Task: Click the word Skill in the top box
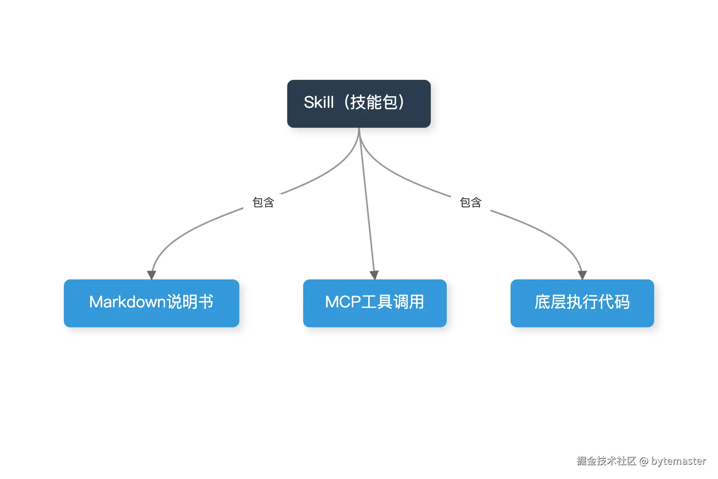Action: coord(318,102)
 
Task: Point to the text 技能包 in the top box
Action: coord(374,102)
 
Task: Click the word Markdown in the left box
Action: coord(127,302)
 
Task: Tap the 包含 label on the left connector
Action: coord(263,202)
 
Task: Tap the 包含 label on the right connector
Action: coord(471,202)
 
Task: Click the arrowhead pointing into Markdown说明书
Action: coord(152,275)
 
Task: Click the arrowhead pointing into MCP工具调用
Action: coord(374,275)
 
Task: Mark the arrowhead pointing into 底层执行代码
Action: coord(582,275)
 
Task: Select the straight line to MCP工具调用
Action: coord(367,204)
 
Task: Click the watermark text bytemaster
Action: coord(679,461)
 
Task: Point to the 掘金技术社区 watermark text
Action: coord(606,461)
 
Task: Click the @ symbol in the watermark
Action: coord(644,461)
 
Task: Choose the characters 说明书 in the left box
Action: coord(190,302)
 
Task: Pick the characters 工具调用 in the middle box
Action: coord(393,302)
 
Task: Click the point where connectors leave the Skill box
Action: coord(359,129)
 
